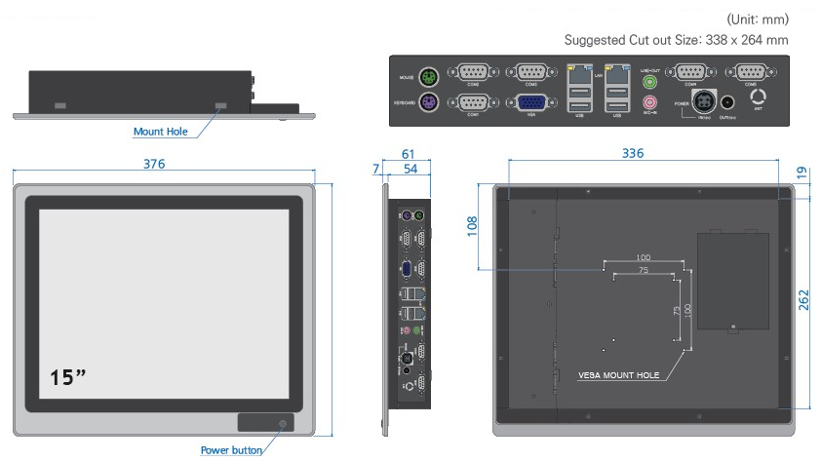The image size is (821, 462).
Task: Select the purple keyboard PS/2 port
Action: [425, 103]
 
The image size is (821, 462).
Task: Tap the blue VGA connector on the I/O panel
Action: [530, 103]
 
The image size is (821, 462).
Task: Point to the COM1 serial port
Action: [472, 102]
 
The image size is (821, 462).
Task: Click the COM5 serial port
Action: [751, 73]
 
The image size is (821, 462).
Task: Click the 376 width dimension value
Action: [154, 164]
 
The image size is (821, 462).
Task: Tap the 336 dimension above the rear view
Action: [633, 153]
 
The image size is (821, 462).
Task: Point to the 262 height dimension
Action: [802, 299]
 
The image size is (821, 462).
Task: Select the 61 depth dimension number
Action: [408, 154]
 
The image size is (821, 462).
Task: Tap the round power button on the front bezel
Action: [283, 423]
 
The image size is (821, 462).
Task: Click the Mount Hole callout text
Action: [161, 132]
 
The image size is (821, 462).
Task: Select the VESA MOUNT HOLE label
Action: [618, 375]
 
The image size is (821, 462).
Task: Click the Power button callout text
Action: [231, 450]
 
